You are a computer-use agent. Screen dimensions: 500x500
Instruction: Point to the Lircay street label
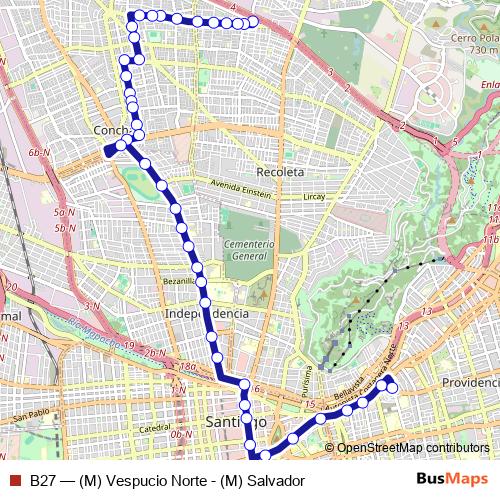[314, 196]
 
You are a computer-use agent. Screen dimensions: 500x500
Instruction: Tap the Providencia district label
[468, 383]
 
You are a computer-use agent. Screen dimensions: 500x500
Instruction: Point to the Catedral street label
[155, 428]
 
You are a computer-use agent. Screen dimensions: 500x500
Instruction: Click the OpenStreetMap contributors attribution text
[412, 447]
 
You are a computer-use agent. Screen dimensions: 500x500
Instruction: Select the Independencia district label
[206, 313]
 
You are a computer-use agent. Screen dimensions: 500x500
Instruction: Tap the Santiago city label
[231, 421]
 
